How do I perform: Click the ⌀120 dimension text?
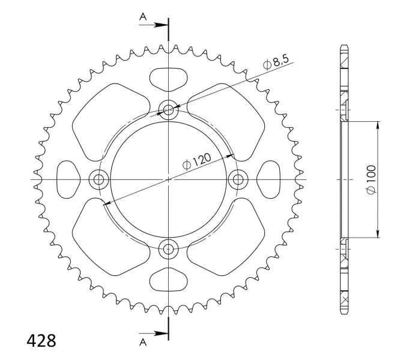[x=197, y=161]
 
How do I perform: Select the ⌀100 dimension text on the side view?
[x=371, y=179]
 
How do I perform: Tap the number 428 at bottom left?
[x=41, y=341]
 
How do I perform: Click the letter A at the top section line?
[x=143, y=17]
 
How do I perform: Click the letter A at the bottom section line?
[x=143, y=342]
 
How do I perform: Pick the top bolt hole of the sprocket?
[x=168, y=109]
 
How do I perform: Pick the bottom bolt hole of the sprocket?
[x=168, y=249]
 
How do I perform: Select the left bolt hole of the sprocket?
[x=98, y=179]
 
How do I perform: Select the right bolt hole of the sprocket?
[x=238, y=179]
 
